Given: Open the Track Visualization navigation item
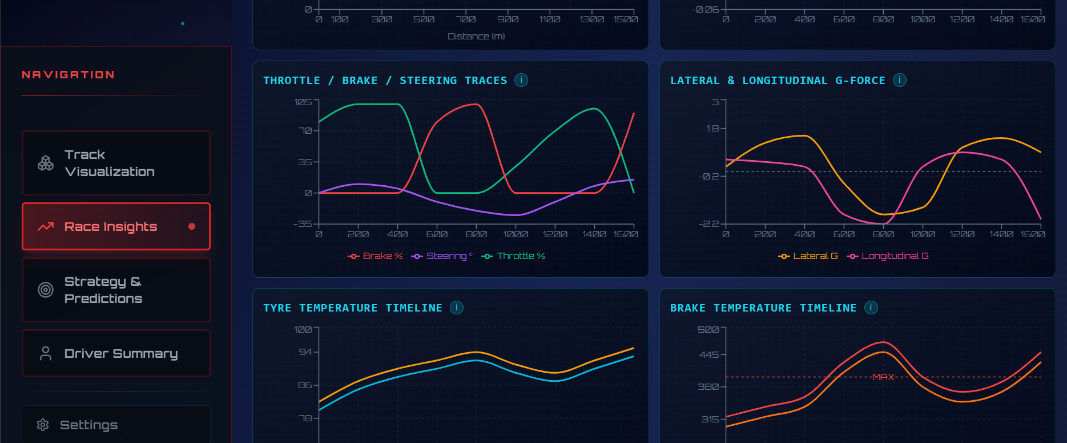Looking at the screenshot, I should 116,163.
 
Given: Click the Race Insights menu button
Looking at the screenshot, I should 116,226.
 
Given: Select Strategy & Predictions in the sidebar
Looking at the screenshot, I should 116,290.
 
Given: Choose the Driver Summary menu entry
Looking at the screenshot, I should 116,353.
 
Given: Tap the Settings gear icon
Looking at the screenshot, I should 43,425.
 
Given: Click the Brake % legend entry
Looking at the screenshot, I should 376,256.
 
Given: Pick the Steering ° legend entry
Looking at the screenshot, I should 442,256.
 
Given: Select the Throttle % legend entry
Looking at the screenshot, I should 513,256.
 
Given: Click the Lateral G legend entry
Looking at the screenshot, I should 808,256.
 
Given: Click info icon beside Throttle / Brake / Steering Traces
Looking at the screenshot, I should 521,80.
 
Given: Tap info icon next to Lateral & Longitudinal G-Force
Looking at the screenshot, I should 900,80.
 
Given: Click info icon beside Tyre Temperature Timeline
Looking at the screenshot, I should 457,308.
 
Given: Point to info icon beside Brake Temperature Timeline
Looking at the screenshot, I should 871,308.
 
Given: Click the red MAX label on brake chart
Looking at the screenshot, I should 883,377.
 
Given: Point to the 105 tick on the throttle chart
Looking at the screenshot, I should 303,102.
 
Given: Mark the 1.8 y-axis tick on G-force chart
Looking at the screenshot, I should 712,129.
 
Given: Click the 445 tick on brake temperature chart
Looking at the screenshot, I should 709,355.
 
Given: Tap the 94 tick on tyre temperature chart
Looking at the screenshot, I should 305,352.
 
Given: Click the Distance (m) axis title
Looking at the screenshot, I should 476,37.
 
